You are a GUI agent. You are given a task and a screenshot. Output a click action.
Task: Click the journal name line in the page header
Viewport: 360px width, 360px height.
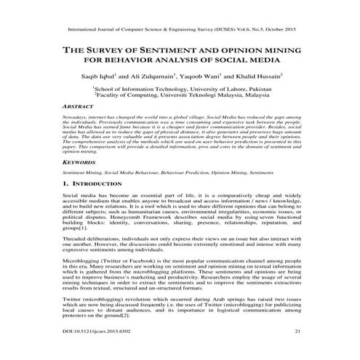tap(179, 32)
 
